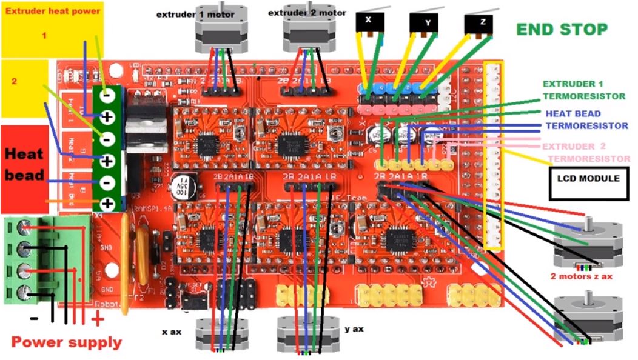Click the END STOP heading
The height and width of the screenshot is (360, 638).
(561, 29)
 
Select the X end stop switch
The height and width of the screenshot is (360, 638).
(368, 22)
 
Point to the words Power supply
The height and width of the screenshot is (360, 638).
(67, 342)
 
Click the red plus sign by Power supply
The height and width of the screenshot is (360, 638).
(97, 319)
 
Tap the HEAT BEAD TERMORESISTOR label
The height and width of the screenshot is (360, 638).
(586, 119)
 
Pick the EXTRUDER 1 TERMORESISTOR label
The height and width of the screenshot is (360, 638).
(583, 90)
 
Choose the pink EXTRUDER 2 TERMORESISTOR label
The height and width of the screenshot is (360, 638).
(585, 152)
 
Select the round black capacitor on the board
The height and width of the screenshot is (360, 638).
(181, 185)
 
